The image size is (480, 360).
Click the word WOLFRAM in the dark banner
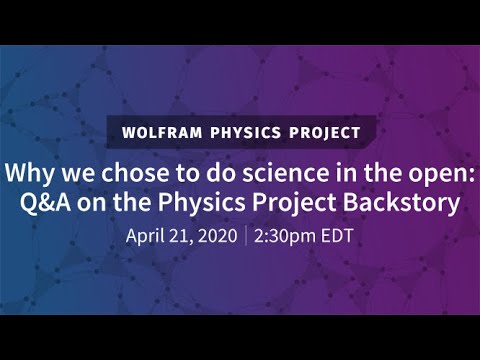coord(163,131)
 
